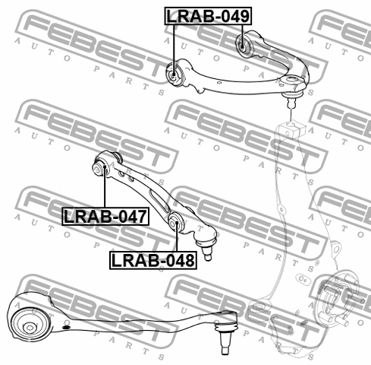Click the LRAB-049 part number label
pos(208,16)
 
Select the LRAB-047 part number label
pos(105,216)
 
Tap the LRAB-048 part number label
pos(153,260)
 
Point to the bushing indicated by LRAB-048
pos(175,222)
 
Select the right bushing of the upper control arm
pos(244,44)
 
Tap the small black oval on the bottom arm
pos(66,327)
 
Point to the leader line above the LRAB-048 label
pos(177,236)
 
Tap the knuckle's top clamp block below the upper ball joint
pos(294,129)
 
